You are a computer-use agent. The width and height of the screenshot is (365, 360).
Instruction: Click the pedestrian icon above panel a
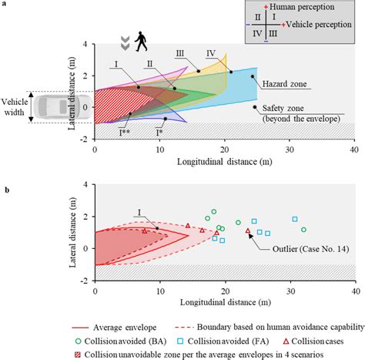pos(142,40)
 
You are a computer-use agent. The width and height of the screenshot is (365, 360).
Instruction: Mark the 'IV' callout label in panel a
pos(210,52)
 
